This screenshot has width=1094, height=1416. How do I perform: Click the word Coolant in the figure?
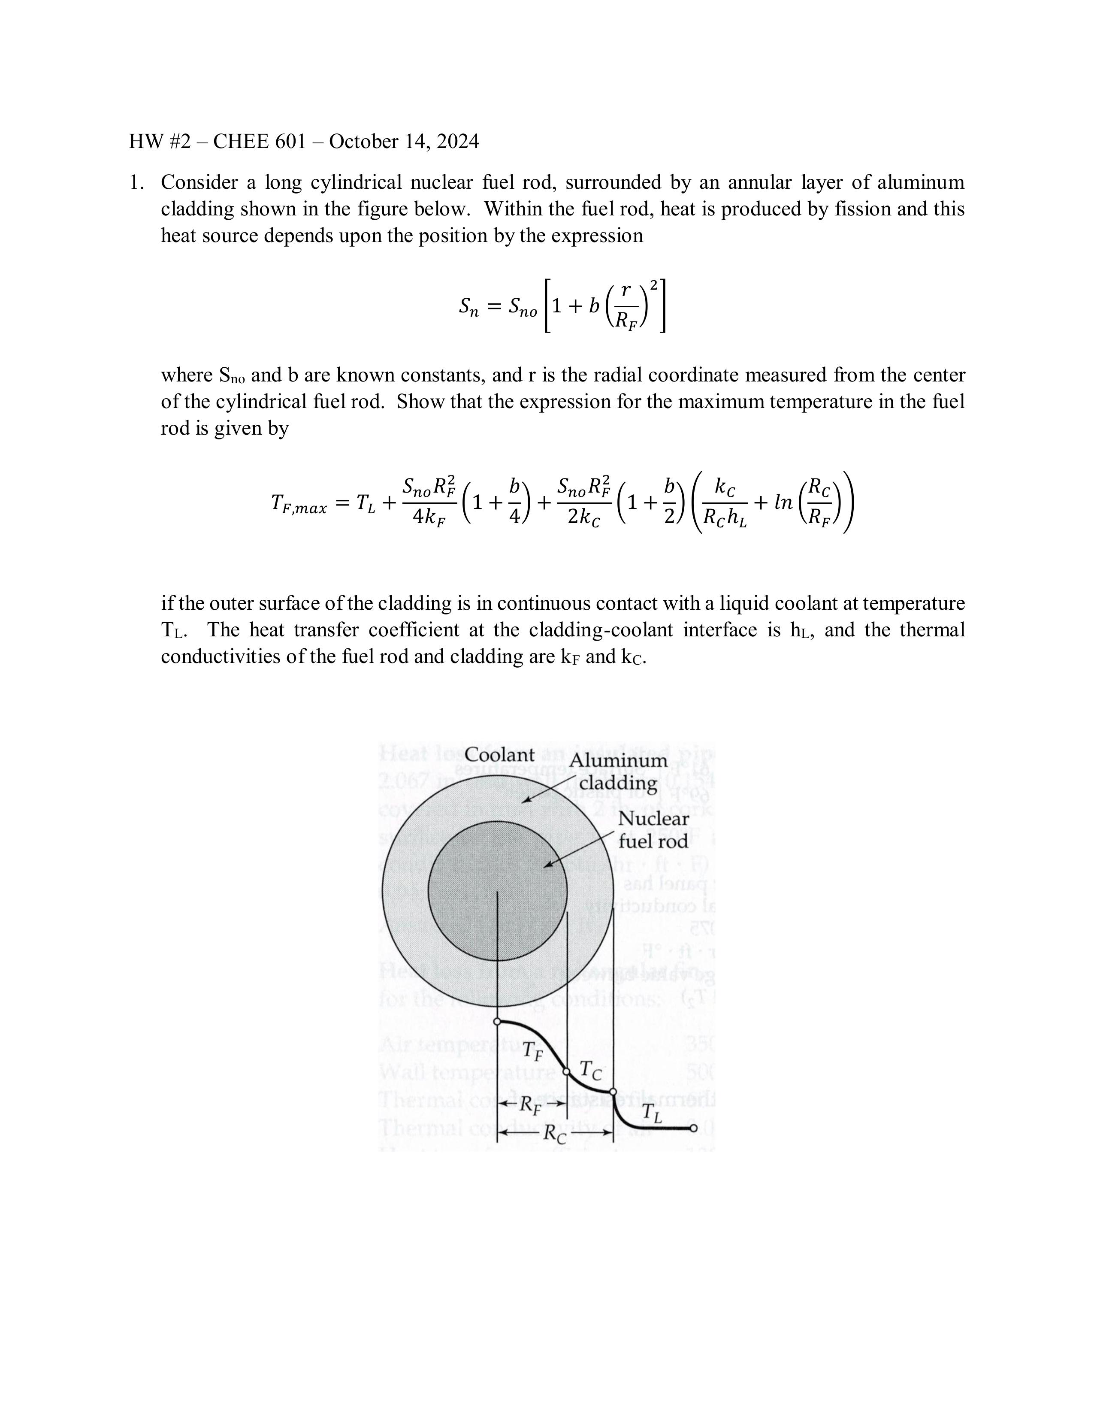(499, 755)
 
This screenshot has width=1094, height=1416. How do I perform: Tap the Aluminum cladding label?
(618, 772)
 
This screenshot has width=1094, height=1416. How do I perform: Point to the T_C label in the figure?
(590, 1071)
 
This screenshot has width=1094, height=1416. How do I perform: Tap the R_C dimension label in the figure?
(554, 1134)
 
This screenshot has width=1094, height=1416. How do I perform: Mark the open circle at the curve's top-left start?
(497, 1021)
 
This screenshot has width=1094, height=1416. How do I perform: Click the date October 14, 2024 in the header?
(404, 141)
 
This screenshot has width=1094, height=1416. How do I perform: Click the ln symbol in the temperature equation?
(783, 502)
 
